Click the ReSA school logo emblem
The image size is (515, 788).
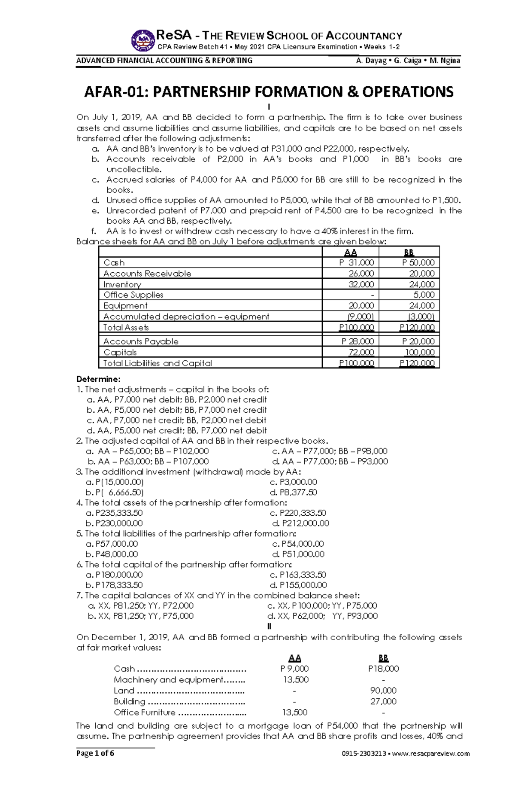pyautogui.click(x=143, y=40)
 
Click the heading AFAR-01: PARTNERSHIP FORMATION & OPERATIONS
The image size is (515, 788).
pyautogui.click(x=269, y=91)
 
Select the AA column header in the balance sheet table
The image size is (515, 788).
pyautogui.click(x=351, y=252)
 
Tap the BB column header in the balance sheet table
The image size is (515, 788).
pyautogui.click(x=409, y=252)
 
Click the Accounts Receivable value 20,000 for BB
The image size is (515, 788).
pyautogui.click(x=421, y=274)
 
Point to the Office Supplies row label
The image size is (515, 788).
pyautogui.click(x=133, y=295)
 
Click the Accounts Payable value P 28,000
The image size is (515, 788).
pyautogui.click(x=357, y=341)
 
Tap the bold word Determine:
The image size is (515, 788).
pyautogui.click(x=98, y=379)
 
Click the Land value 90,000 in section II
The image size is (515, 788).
pyautogui.click(x=383, y=691)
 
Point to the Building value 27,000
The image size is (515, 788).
pyautogui.click(x=383, y=701)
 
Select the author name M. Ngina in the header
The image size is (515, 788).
pyautogui.click(x=445, y=61)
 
